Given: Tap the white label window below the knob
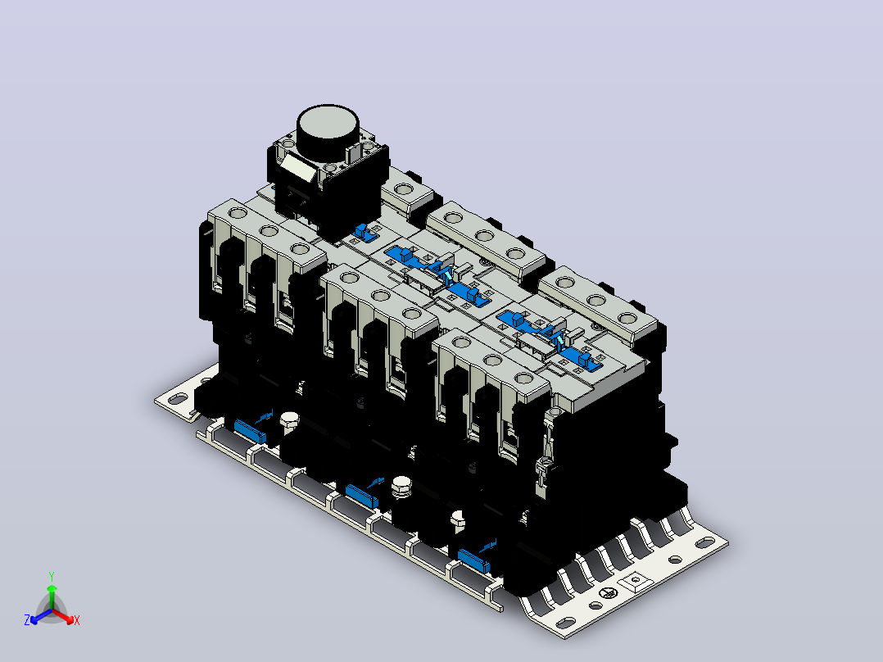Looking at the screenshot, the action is pos(298,167).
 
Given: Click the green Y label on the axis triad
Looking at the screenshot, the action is pos(52,576).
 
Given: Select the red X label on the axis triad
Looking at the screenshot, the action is pos(77,620).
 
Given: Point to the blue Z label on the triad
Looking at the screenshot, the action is pos(27,620).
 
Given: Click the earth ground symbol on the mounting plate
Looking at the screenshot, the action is pos(608,592).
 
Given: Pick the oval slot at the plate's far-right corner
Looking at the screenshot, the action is pos(704,543).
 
